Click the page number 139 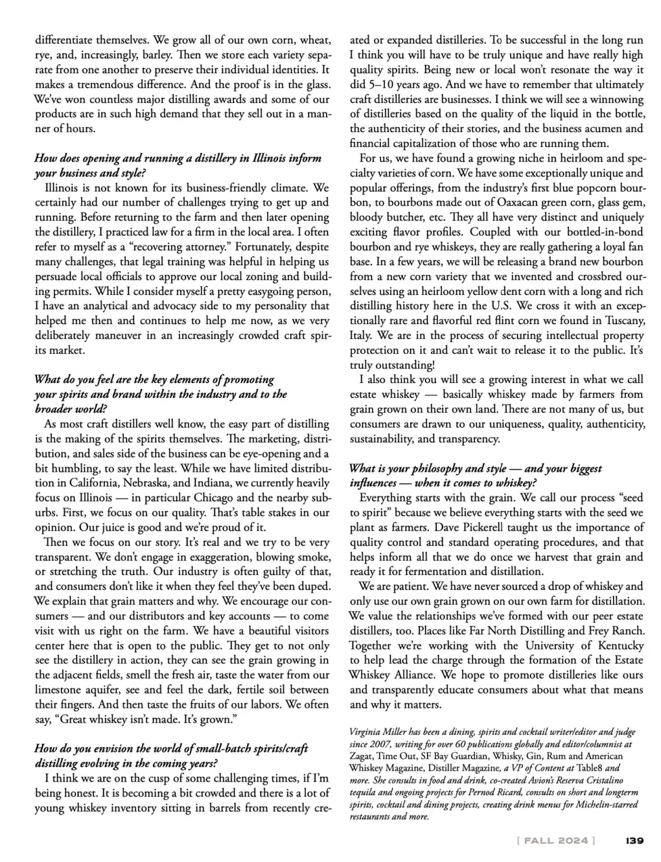[634, 841]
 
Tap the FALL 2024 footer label [555, 841]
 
